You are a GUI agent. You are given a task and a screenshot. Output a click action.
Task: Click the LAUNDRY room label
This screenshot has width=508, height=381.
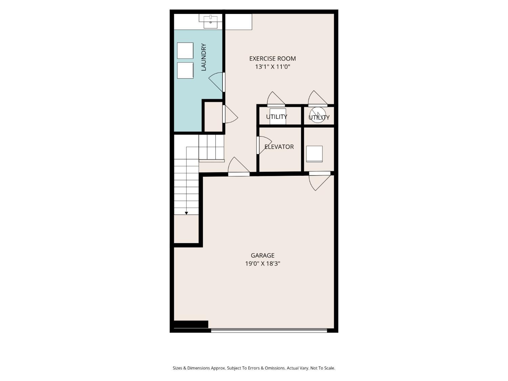click(204, 57)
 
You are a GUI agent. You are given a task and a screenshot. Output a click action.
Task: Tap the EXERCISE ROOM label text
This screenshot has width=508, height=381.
click(272, 59)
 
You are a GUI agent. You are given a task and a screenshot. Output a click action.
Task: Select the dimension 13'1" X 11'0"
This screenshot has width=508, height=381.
click(272, 67)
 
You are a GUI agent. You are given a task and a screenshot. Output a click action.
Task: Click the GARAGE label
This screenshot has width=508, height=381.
click(262, 255)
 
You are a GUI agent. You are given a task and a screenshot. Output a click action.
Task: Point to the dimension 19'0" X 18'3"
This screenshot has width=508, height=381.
click(262, 263)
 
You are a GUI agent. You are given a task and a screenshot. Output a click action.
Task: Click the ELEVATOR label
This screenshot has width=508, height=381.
click(279, 147)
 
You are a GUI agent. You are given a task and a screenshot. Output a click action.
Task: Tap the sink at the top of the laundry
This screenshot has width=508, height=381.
click(210, 21)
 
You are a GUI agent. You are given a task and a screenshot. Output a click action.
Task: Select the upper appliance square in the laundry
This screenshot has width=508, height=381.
click(185, 50)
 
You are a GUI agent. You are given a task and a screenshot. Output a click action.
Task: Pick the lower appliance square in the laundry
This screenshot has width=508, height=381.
click(185, 70)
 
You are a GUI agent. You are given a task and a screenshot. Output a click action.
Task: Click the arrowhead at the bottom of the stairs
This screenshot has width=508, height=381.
click(186, 213)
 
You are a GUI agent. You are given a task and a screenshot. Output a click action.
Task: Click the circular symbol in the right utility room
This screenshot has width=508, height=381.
click(318, 115)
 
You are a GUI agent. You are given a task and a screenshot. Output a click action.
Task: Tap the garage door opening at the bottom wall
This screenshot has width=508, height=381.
click(269, 330)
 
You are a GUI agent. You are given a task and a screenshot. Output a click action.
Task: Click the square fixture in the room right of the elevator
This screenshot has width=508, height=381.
click(314, 154)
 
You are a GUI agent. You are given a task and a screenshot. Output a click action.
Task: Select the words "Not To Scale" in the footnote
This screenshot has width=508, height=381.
click(322, 368)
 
